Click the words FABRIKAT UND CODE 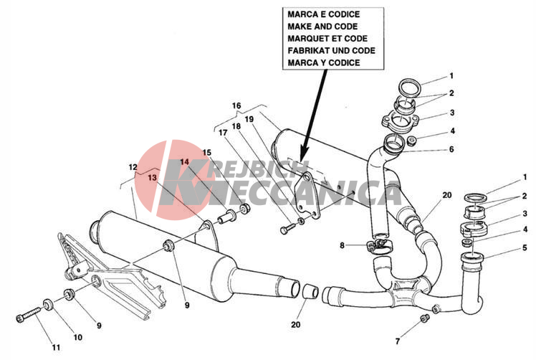[x=331, y=51]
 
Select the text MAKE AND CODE [x=322, y=27]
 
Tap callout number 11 [x=56, y=347]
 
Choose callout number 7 [x=397, y=341]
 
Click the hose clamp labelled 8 [x=380, y=246]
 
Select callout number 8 [x=343, y=245]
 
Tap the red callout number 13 [x=153, y=178]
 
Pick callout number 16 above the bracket [x=236, y=105]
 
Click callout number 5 [x=525, y=247]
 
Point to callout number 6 [x=451, y=149]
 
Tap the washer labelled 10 [x=48, y=304]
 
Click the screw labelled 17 [x=287, y=229]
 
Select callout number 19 [x=249, y=119]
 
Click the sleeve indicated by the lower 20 [x=311, y=291]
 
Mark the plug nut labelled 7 [x=424, y=318]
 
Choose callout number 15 [x=207, y=152]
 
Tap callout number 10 [x=78, y=337]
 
